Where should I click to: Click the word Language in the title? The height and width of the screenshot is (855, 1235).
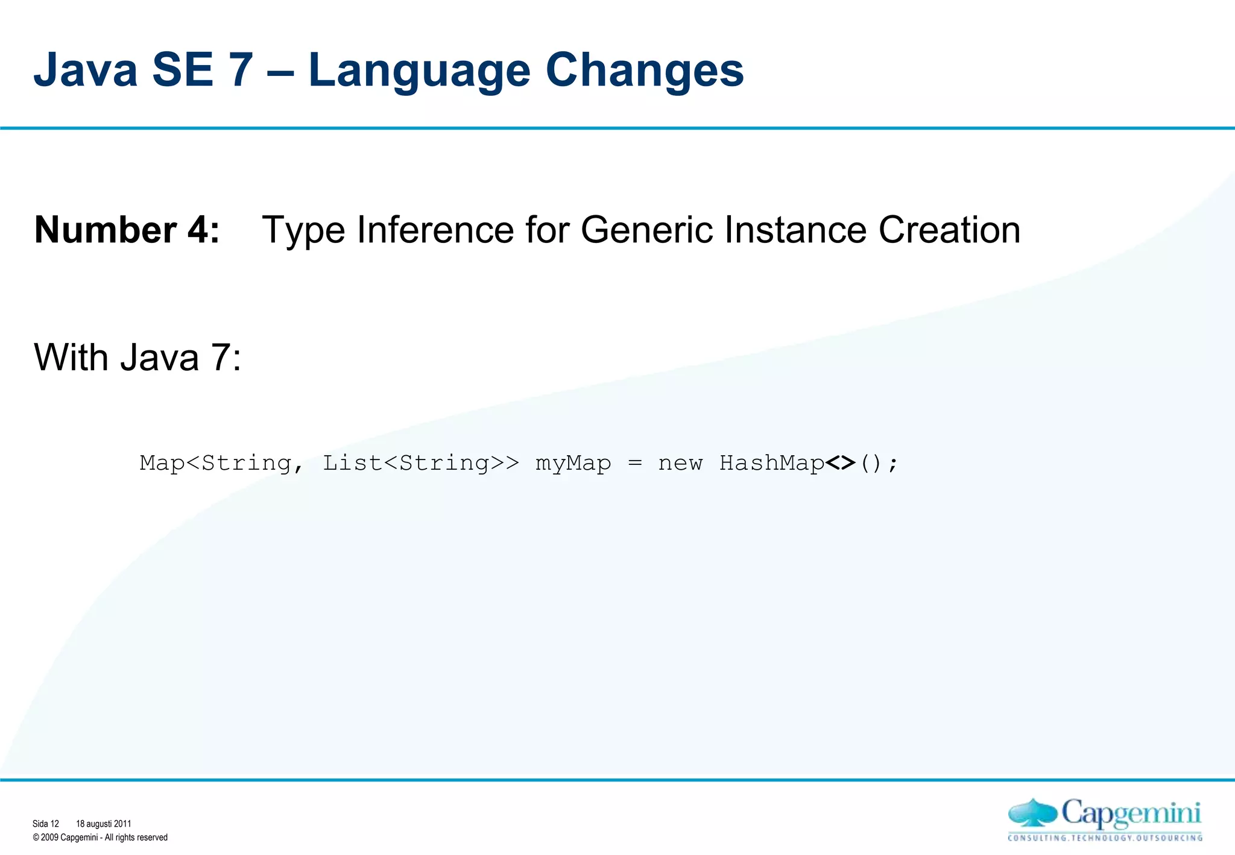(x=419, y=71)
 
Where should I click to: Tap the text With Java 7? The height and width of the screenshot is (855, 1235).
(x=137, y=357)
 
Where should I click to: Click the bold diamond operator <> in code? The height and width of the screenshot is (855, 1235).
(x=840, y=463)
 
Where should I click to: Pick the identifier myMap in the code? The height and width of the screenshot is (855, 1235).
(x=573, y=463)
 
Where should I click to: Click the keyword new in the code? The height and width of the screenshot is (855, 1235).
(x=680, y=463)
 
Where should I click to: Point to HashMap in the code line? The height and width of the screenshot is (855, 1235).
(x=772, y=463)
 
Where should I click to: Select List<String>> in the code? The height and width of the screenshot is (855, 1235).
(x=420, y=463)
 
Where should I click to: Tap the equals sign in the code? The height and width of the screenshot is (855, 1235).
(x=635, y=463)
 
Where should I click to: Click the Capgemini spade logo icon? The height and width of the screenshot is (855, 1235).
(x=1032, y=813)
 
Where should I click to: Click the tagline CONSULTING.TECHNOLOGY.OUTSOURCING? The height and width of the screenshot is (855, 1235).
(x=1105, y=838)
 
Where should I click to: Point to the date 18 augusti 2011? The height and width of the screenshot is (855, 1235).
(x=103, y=824)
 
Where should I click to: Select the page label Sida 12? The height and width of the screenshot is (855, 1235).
(x=46, y=824)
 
